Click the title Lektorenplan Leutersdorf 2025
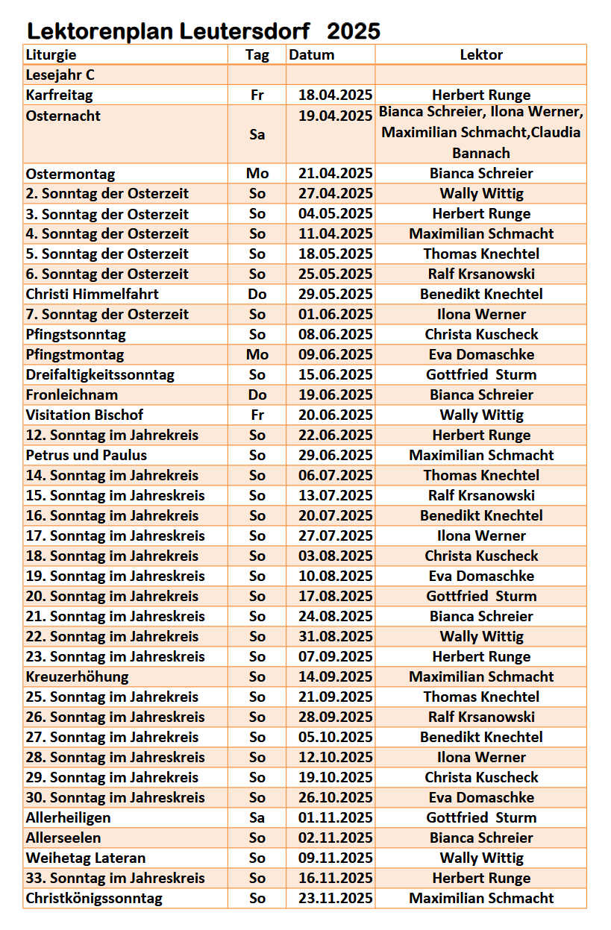[204, 31]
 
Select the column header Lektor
[481, 54]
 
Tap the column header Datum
[312, 54]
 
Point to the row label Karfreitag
[59, 95]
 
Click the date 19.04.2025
[336, 115]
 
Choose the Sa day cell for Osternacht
[257, 134]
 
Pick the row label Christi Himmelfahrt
[92, 294]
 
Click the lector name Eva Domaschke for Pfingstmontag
[481, 354]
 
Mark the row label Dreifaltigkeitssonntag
[100, 374]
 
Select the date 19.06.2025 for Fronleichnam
[336, 395]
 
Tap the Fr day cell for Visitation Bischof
[257, 415]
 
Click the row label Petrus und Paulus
[87, 455]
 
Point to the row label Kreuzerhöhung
[77, 676]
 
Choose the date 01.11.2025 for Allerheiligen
[336, 817]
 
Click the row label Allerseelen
[63, 838]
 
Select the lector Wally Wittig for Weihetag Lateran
[481, 858]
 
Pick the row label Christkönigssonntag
[94, 898]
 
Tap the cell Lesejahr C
[60, 75]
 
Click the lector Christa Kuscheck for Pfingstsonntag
[481, 334]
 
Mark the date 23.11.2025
[336, 898]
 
